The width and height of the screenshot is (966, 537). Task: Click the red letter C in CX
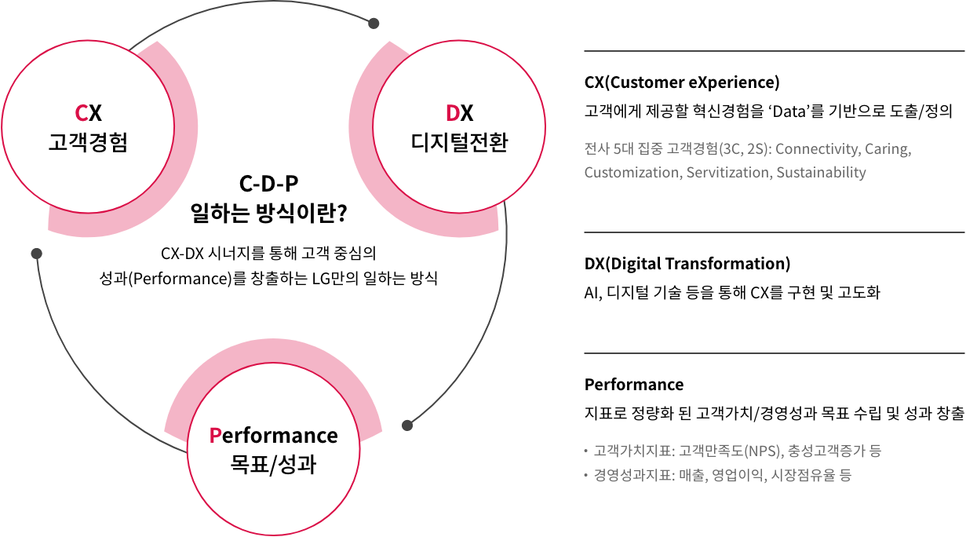pyautogui.click(x=81, y=115)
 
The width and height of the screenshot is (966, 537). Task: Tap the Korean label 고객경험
pyautogui.click(x=88, y=144)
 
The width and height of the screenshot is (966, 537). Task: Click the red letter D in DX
pyautogui.click(x=452, y=115)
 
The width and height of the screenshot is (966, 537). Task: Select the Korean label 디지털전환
pyautogui.click(x=459, y=144)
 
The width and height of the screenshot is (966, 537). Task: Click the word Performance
pyautogui.click(x=273, y=435)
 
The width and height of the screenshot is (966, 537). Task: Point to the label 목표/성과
pyautogui.click(x=273, y=464)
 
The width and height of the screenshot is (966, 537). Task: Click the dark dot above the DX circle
pyautogui.click(x=374, y=24)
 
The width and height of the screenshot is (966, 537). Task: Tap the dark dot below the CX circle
pyautogui.click(x=36, y=254)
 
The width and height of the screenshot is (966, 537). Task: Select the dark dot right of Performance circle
pyautogui.click(x=406, y=426)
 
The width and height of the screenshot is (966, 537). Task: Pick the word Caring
pyautogui.click(x=888, y=148)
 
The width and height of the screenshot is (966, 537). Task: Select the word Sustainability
pyautogui.click(x=821, y=173)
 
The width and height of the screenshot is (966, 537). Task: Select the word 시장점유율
pyautogui.click(x=804, y=475)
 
